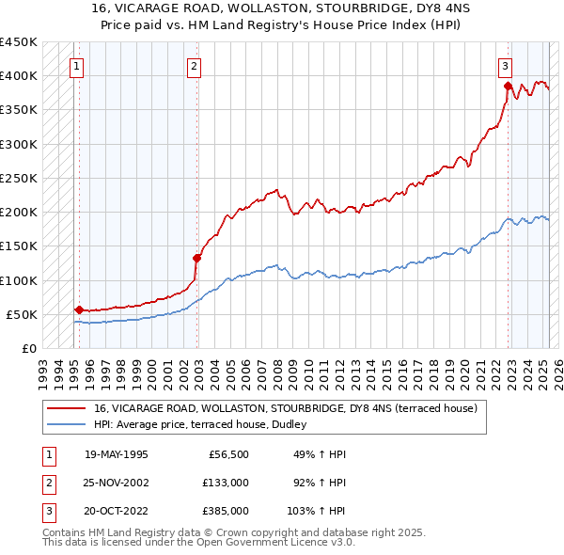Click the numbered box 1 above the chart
(x=74, y=66)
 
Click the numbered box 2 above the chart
(x=193, y=66)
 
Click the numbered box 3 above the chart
(x=505, y=66)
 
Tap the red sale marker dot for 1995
(x=79, y=309)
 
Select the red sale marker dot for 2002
(x=197, y=258)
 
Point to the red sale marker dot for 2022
(x=509, y=87)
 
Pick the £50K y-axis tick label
(x=22, y=314)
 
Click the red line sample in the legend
(x=67, y=409)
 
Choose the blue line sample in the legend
(x=67, y=424)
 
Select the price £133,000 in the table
(x=226, y=483)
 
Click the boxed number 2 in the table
(x=49, y=483)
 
